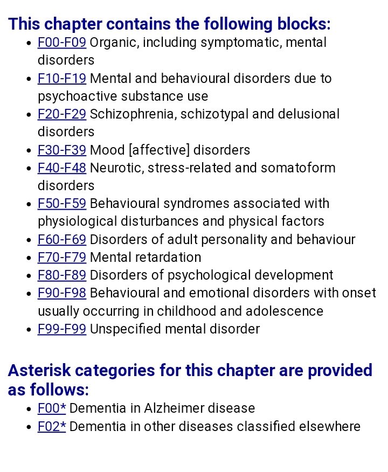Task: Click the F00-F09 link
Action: (x=61, y=43)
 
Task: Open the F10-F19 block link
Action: (x=61, y=79)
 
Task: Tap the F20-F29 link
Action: (x=61, y=114)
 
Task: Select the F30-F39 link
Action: (x=61, y=150)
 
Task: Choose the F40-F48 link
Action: (x=61, y=168)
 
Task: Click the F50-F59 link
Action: (x=61, y=204)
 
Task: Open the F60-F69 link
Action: (x=61, y=239)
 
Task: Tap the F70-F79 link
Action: (x=61, y=257)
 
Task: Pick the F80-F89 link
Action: (x=61, y=275)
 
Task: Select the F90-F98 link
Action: (x=61, y=293)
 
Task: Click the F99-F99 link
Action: (x=61, y=329)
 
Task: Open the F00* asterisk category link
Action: (x=51, y=408)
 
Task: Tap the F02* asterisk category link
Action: (x=51, y=427)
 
